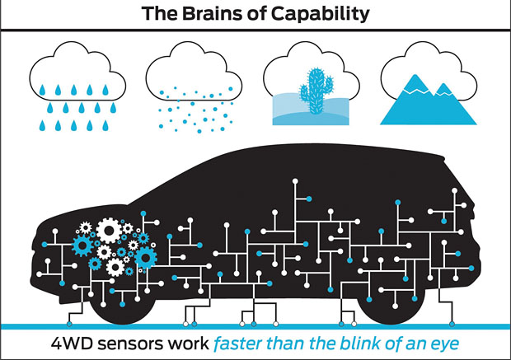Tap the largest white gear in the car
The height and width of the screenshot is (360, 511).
click(109, 231)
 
